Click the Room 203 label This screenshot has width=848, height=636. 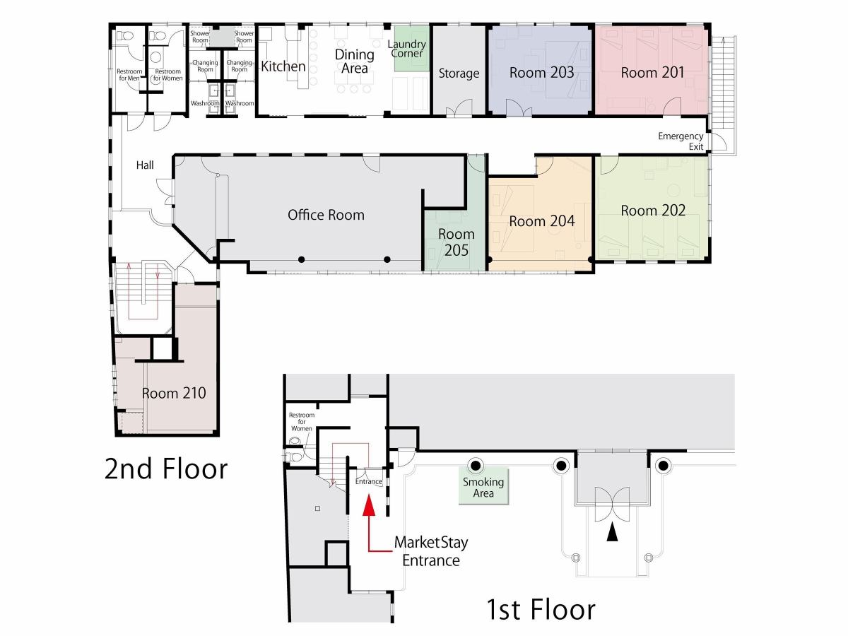tap(541, 73)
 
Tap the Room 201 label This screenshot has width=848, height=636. tap(652, 73)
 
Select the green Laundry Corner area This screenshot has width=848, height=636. tap(412, 48)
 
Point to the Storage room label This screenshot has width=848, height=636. tap(459, 73)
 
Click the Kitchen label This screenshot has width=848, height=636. tap(283, 66)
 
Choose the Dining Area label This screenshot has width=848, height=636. tap(354, 61)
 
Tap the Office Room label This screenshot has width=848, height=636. tap(326, 215)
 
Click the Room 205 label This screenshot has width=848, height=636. tap(457, 242)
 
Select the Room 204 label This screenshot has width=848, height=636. tap(541, 221)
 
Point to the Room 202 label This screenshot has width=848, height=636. tap(653, 211)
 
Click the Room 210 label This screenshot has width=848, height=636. tap(174, 393)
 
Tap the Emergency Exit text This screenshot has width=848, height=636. tap(681, 141)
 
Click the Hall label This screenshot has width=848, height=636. tap(145, 165)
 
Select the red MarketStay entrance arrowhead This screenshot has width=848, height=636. tap(369, 505)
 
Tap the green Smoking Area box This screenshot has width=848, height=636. tap(483, 487)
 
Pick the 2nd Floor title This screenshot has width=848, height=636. tap(166, 469)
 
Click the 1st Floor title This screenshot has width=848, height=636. tap(541, 609)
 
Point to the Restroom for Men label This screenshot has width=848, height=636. tap(129, 75)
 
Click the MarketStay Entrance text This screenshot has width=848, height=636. tap(431, 551)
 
